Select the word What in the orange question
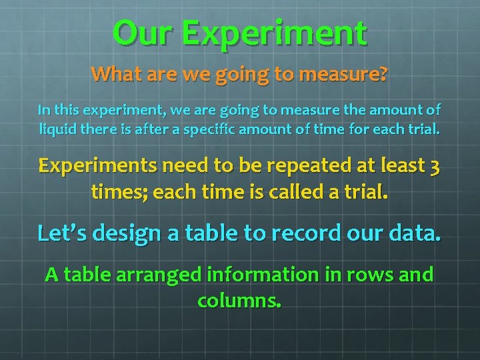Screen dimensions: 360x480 click(x=113, y=73)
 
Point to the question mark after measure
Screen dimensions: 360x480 click(x=382, y=73)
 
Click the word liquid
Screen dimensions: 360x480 click(x=56, y=127)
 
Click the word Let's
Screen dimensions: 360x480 click(x=64, y=233)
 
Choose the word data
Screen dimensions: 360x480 click(x=415, y=233)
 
